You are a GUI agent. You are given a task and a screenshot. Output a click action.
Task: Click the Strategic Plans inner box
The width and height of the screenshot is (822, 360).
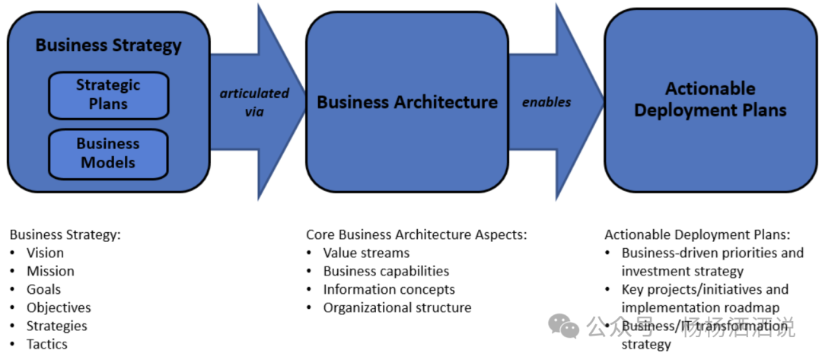108,95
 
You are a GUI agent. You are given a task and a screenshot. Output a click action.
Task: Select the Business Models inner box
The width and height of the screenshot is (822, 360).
108,153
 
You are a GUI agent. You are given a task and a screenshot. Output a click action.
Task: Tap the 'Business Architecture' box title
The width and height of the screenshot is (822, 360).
407,102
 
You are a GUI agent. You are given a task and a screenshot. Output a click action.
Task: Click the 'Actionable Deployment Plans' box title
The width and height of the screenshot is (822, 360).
710,100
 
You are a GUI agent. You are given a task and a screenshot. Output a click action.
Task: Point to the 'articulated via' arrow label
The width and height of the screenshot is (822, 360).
254,102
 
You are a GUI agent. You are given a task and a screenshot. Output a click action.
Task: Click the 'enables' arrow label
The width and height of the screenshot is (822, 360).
546,102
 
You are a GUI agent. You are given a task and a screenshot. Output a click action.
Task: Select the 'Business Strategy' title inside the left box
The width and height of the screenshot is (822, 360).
109,45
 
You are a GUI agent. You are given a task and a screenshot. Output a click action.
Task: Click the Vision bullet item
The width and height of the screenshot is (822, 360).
45,253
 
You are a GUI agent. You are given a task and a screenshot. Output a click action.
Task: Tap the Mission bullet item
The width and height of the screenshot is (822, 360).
50,271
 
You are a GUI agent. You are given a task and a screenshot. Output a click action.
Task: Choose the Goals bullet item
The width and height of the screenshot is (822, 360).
43,289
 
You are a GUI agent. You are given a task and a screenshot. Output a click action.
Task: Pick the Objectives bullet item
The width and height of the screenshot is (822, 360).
59,307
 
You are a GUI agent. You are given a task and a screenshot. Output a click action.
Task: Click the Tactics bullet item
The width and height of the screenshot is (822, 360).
47,344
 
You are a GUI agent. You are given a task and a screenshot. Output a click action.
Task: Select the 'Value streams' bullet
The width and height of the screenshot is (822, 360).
366,253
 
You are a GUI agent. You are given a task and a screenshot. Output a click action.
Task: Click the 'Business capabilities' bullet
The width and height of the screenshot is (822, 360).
386,271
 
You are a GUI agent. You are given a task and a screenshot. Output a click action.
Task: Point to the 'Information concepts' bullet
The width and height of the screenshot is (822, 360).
389,289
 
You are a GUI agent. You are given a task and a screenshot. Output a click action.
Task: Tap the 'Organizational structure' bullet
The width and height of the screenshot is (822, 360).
397,307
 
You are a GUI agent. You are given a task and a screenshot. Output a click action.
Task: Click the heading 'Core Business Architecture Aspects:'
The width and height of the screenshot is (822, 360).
416,234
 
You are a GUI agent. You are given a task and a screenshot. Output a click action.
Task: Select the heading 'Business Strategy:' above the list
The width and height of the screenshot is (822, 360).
65,234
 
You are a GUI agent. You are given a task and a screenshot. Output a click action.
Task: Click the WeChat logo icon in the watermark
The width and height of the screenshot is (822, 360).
564,327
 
